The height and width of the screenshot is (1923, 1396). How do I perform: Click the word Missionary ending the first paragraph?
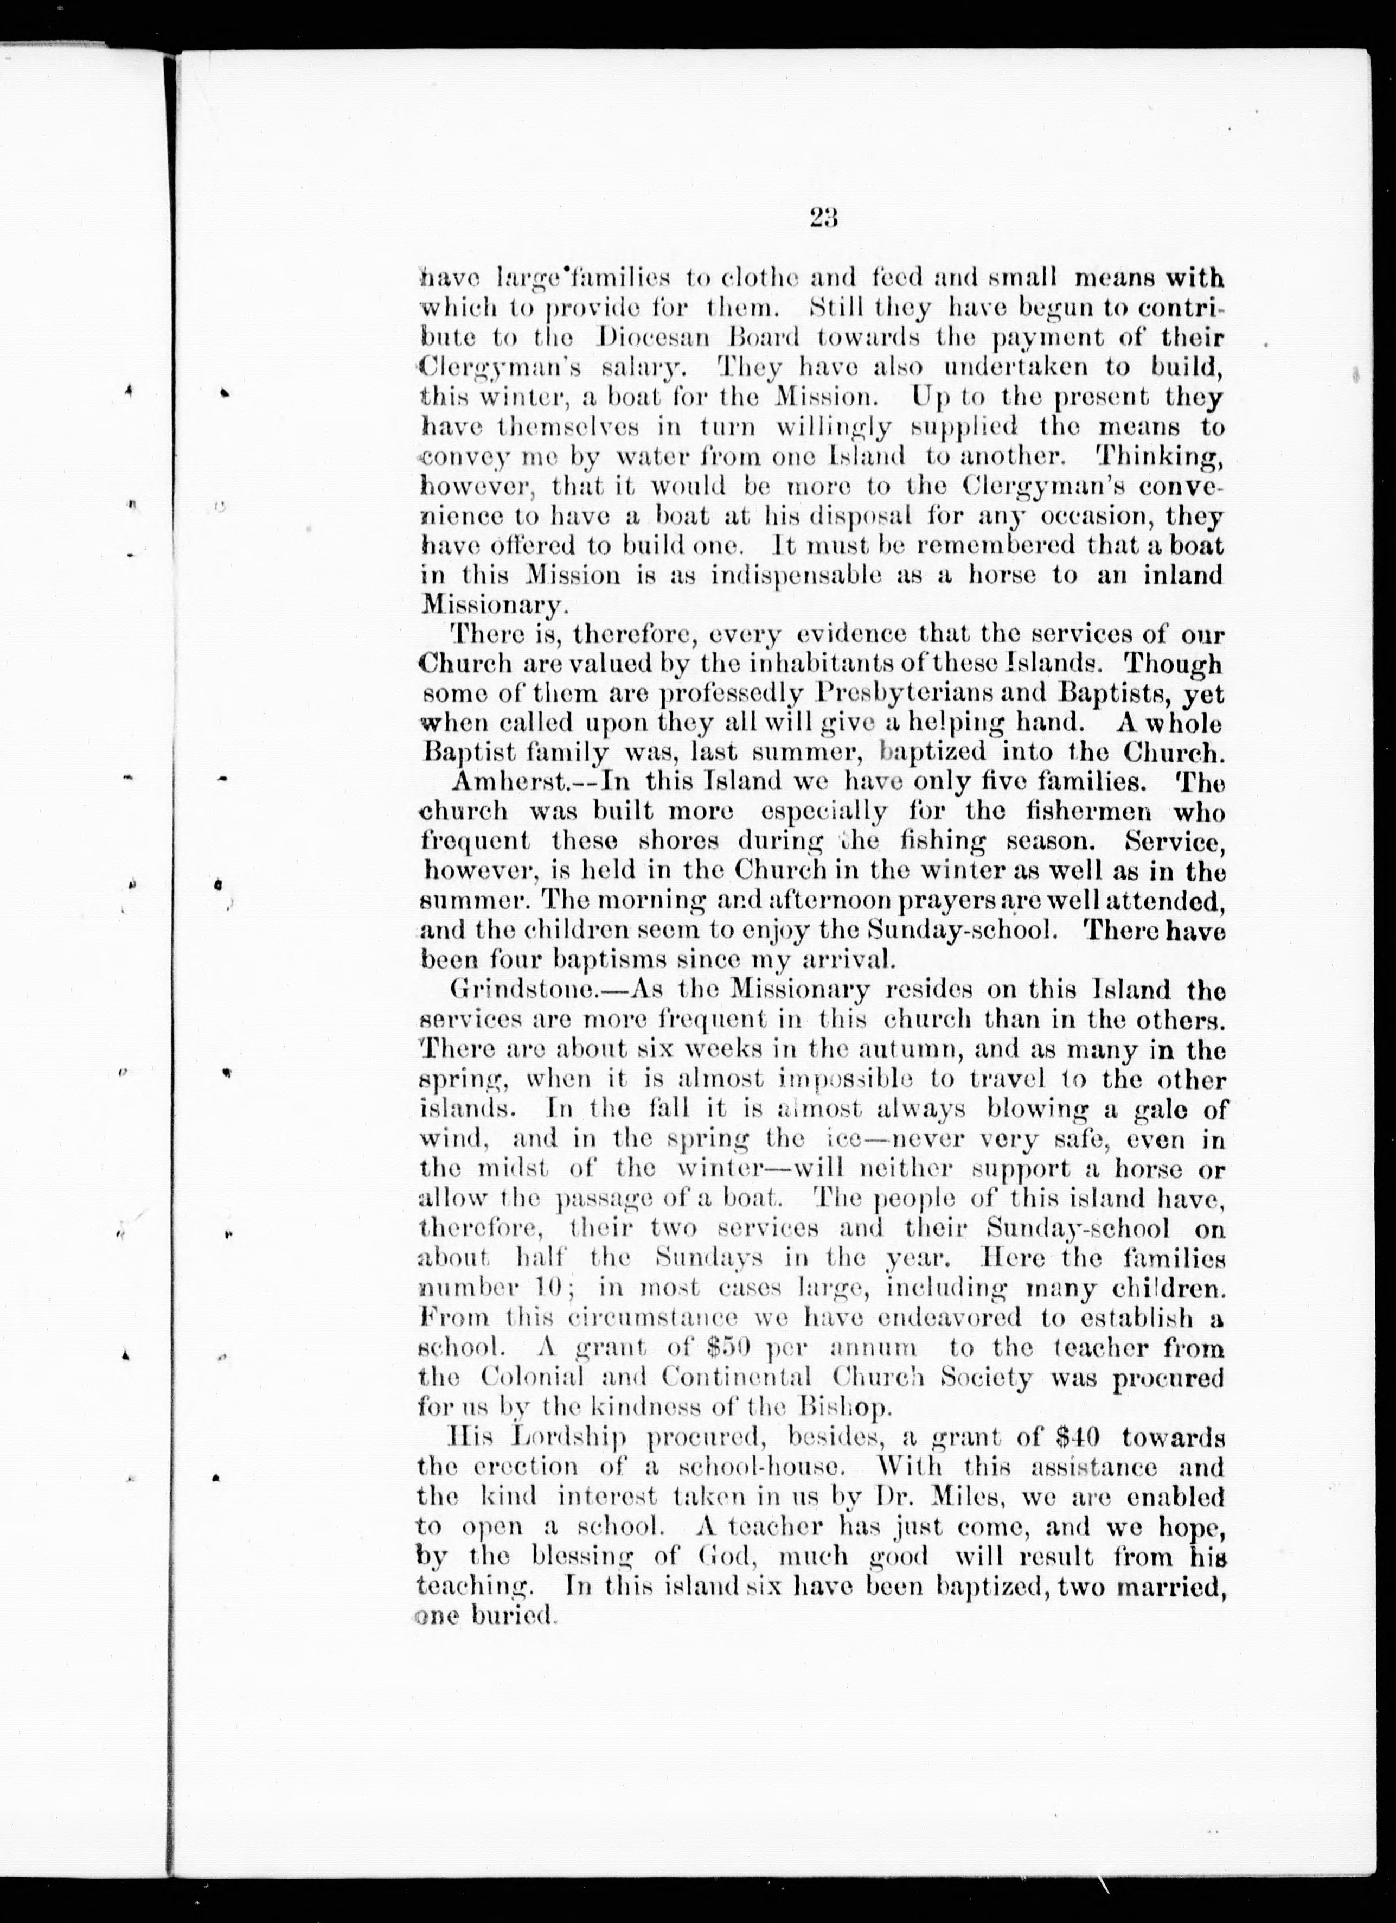pos(491,606)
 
